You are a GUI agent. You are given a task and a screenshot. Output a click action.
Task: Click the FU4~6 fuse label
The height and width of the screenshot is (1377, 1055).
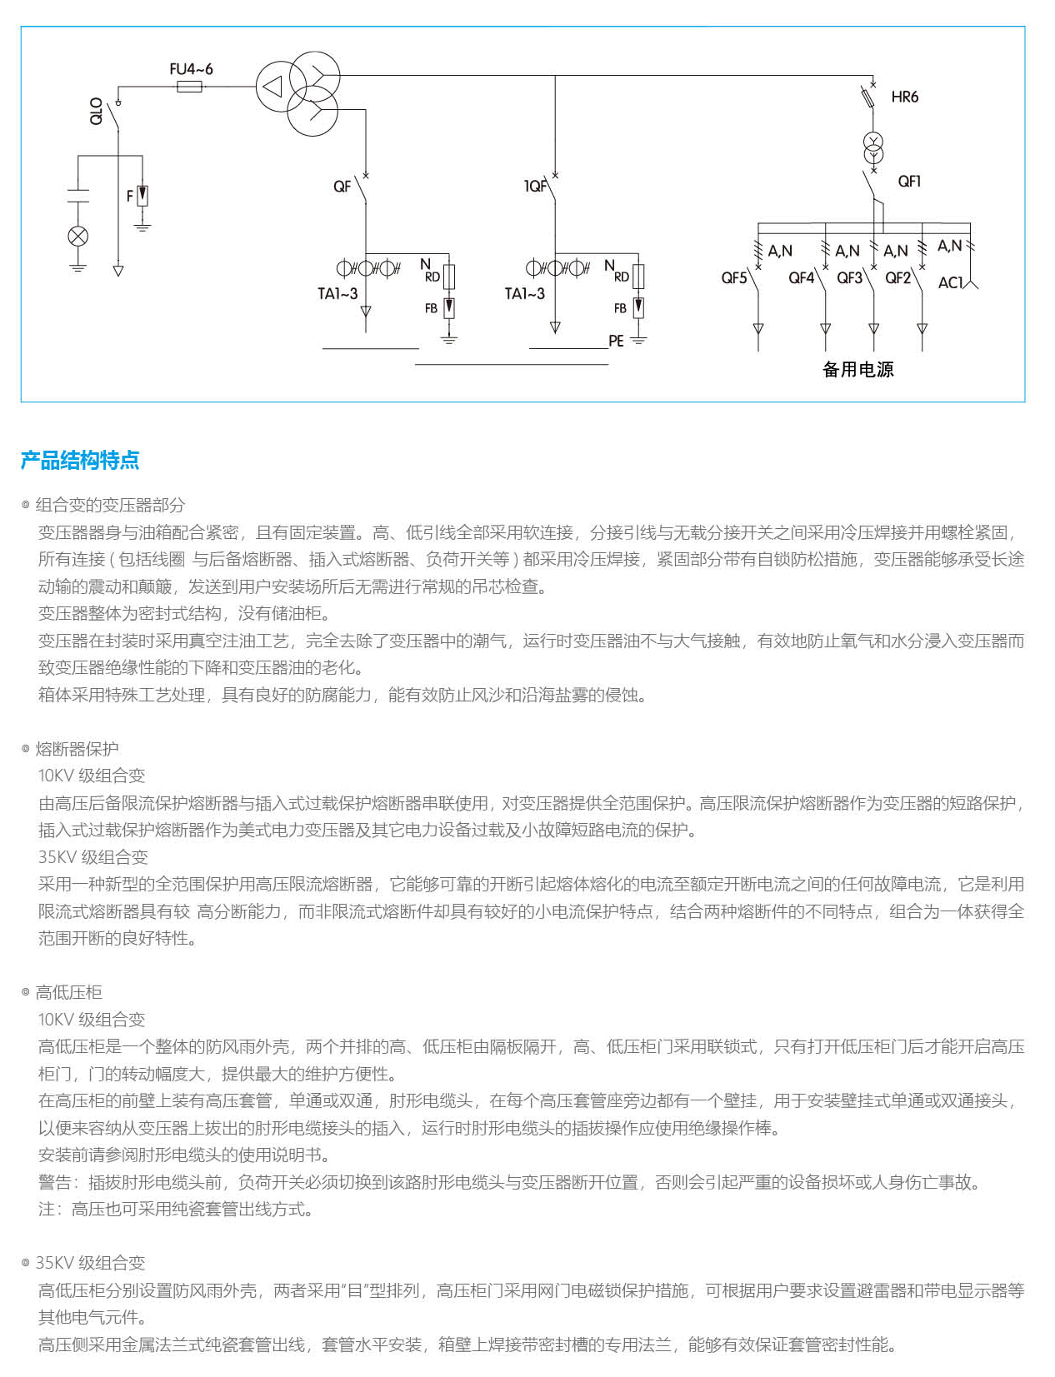[x=191, y=69]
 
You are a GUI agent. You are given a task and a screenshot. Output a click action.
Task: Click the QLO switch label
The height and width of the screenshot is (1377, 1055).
[x=97, y=111]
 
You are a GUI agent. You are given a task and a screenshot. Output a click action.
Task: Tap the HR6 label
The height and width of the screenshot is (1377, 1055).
[x=904, y=97]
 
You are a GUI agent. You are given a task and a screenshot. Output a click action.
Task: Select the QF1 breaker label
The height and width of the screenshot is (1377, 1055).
[x=909, y=181]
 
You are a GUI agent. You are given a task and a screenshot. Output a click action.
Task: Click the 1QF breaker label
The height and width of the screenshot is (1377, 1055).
[x=535, y=186]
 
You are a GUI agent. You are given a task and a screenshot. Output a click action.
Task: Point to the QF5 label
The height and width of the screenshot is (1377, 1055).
[x=734, y=277]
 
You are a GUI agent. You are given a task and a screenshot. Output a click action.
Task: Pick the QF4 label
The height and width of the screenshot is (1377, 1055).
[x=801, y=277]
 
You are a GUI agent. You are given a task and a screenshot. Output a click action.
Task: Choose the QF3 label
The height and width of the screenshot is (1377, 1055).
[x=849, y=277]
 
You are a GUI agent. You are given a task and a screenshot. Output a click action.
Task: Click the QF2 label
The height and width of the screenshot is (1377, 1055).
[x=897, y=277]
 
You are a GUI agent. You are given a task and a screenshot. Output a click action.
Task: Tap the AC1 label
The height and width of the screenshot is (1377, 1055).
[x=950, y=282]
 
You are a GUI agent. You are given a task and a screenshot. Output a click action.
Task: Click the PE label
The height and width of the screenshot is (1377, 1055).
[x=616, y=341]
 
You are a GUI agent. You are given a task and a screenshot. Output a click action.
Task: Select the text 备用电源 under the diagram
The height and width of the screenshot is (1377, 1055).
[x=857, y=369]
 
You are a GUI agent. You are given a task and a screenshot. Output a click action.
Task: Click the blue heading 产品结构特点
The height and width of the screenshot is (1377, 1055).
[x=80, y=460]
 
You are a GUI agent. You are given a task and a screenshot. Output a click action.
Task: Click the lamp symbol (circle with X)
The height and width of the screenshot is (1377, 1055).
[x=77, y=236]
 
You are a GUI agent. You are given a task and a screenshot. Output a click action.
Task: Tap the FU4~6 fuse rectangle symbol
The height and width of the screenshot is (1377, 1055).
[x=190, y=86]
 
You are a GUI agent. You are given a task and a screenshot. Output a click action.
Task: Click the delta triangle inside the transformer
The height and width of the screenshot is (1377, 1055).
[x=272, y=86]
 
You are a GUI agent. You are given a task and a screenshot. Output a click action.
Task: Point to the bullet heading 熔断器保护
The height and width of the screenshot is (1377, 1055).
[x=77, y=749]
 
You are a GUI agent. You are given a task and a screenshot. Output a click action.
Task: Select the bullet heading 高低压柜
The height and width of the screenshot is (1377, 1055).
[x=68, y=992]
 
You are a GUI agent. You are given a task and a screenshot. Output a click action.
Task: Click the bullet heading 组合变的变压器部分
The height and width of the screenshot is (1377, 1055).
[x=110, y=505]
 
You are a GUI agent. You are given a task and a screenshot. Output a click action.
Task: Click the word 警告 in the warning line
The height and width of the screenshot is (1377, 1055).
[x=55, y=1182]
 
